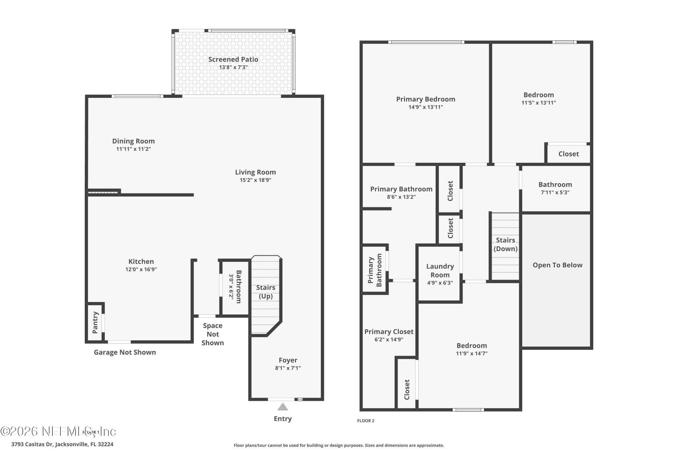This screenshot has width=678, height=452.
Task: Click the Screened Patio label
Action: [x=233, y=59]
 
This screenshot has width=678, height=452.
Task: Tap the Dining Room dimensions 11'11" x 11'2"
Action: [x=133, y=149]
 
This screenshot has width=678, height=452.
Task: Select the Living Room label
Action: [x=255, y=172]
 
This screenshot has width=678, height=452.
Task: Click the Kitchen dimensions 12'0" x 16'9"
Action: [x=141, y=269]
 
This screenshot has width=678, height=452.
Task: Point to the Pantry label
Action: [x=95, y=322]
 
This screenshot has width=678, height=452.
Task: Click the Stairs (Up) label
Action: [x=266, y=292]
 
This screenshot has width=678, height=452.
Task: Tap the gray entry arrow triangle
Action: [x=282, y=407]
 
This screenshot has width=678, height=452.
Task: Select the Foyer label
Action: [x=288, y=360]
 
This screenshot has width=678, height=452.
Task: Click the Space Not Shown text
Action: [x=213, y=334]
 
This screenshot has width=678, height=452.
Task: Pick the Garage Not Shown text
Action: [x=125, y=352]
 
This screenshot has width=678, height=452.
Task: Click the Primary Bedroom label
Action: [x=426, y=99]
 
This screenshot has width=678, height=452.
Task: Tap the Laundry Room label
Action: [x=440, y=270]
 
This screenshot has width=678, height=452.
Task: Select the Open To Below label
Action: [x=557, y=265]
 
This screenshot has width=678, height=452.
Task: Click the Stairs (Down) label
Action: [x=505, y=244]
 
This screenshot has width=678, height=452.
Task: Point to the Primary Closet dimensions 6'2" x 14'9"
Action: [x=389, y=340]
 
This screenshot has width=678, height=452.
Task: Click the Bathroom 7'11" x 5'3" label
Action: [x=555, y=184]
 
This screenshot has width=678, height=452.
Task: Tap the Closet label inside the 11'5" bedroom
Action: [x=568, y=154]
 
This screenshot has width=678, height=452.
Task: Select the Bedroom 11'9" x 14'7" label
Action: [x=471, y=345]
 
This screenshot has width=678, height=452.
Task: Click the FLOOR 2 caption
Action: [x=365, y=421]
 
